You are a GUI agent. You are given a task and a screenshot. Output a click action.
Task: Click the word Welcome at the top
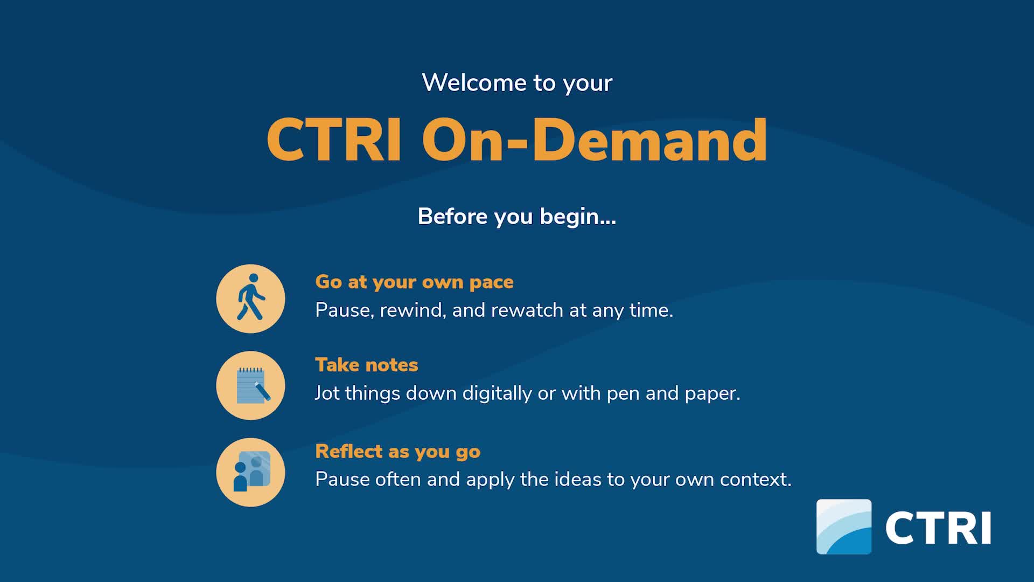(474, 82)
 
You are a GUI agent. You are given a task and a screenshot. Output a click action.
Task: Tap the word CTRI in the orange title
(334, 140)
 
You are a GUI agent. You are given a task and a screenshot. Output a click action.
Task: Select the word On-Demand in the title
(595, 140)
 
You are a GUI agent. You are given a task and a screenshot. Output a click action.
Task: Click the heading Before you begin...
(517, 217)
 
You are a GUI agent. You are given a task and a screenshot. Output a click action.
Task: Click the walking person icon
(250, 299)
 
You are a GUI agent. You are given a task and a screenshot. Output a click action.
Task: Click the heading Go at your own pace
(414, 282)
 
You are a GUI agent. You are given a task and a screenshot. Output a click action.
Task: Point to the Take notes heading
(367, 365)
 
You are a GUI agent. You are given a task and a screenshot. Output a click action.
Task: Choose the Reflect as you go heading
(397, 452)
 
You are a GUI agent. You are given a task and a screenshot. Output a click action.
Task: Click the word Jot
(327, 393)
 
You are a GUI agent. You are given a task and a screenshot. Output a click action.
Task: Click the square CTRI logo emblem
(844, 526)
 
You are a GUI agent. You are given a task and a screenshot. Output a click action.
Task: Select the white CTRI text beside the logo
(938, 528)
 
